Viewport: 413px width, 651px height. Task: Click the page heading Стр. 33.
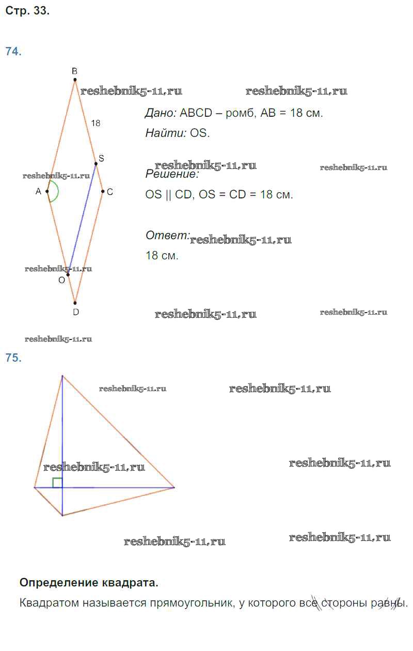[27, 11]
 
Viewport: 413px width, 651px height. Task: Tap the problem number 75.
[13, 358]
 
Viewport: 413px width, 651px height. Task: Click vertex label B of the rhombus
[75, 71]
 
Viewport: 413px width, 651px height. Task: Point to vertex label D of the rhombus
[76, 312]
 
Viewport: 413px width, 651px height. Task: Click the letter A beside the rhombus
[38, 192]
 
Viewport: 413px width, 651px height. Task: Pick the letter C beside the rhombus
[110, 192]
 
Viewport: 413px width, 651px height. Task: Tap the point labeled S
[96, 164]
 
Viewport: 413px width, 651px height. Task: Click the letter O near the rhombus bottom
[61, 280]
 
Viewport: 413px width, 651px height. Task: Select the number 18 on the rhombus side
[96, 123]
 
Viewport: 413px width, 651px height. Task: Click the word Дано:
[161, 113]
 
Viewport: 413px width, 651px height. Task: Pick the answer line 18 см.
[162, 255]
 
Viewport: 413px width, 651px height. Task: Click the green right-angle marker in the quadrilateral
[57, 483]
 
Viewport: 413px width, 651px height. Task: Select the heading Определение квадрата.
[89, 583]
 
